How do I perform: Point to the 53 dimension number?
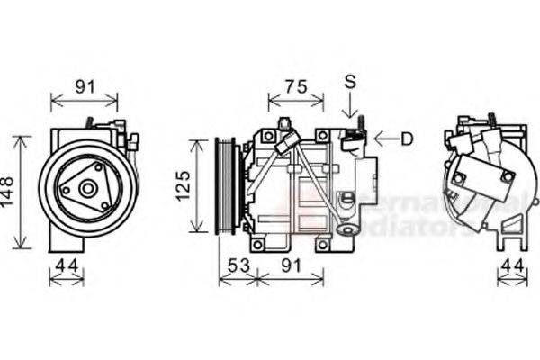[237, 265]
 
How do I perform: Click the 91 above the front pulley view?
[84, 87]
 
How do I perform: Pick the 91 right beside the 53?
[289, 265]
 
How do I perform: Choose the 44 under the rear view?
[512, 265]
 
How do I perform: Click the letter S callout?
[349, 82]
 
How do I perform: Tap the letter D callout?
[407, 139]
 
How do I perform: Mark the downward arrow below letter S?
[349, 108]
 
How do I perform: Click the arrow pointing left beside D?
[384, 139]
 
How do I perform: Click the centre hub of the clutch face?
[87, 189]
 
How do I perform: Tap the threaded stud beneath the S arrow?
[358, 124]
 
